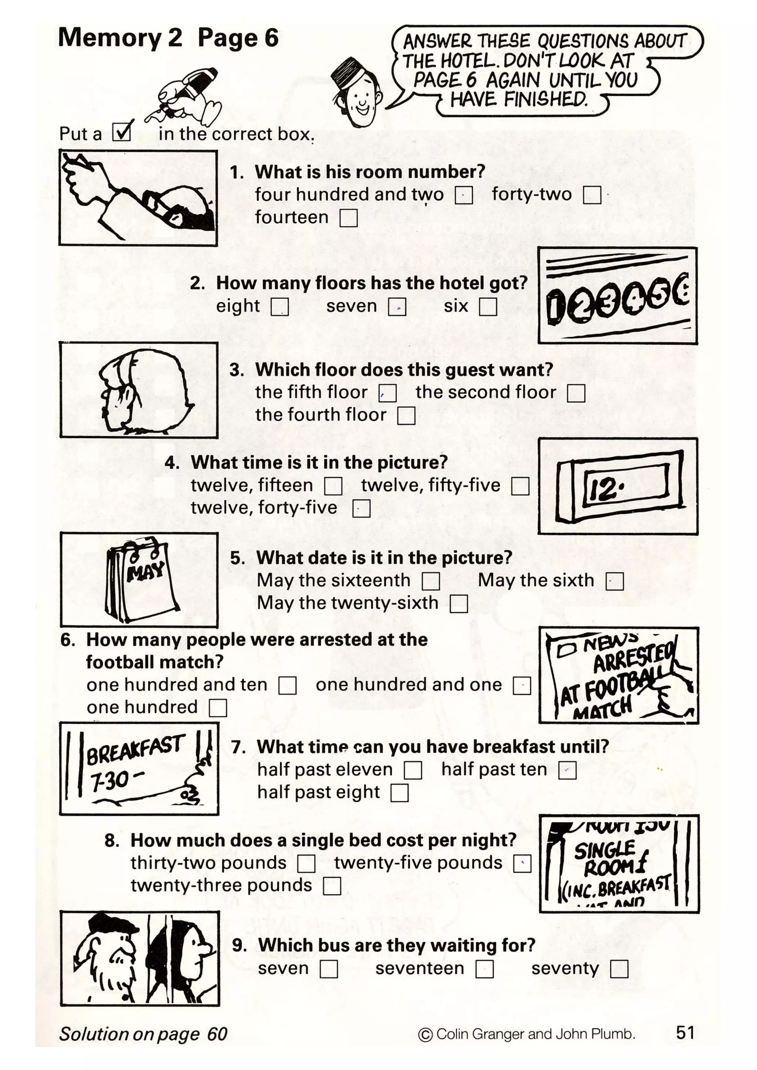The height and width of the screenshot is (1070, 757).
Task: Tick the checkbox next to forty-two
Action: tap(592, 195)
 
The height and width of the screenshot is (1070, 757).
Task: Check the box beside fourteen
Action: tap(348, 218)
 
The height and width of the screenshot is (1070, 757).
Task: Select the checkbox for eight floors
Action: tap(280, 307)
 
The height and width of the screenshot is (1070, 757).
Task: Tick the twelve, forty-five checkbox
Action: tap(361, 509)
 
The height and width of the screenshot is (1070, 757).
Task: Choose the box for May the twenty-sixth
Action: tap(459, 604)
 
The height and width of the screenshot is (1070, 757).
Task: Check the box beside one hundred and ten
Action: tap(287, 686)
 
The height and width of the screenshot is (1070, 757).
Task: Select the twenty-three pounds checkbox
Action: tap(332, 886)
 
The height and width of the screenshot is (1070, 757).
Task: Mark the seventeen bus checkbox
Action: tap(484, 969)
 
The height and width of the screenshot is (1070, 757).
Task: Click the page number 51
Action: tap(685, 1033)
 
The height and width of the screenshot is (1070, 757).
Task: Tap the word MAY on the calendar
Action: tap(145, 571)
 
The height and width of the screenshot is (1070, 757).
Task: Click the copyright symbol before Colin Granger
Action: tap(425, 1035)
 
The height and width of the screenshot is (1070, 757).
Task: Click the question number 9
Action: tap(239, 945)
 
